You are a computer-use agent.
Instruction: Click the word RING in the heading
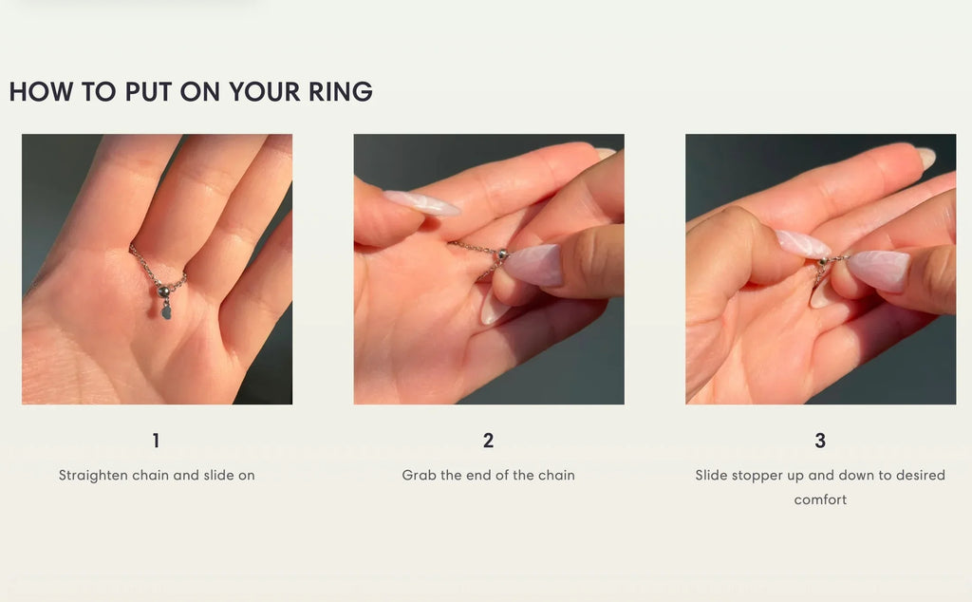(340, 92)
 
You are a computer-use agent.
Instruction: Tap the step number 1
(157, 441)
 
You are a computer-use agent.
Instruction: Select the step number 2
(488, 441)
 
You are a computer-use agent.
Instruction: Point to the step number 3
(820, 441)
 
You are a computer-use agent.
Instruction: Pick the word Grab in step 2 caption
(419, 475)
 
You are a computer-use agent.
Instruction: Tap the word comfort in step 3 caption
(820, 499)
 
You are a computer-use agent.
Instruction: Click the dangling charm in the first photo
(166, 310)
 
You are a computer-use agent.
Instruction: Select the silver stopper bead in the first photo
(163, 291)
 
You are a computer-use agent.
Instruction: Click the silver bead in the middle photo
(502, 254)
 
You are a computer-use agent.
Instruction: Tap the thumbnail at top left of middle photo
(421, 202)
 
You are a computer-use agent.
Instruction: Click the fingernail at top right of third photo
(925, 158)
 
